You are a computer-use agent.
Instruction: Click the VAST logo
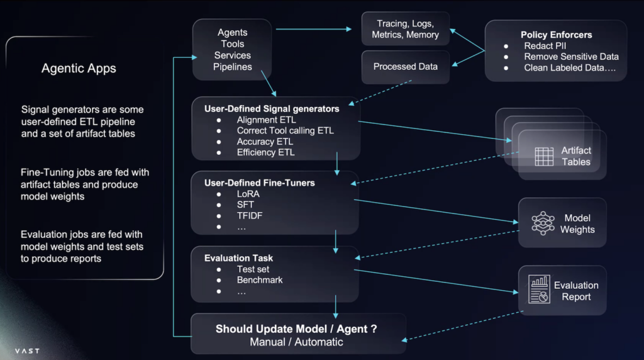(x=27, y=351)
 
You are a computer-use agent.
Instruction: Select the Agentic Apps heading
(x=79, y=69)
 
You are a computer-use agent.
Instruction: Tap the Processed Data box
(x=405, y=67)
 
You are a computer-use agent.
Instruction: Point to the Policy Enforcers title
(x=556, y=35)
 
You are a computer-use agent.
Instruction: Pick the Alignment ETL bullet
(x=266, y=120)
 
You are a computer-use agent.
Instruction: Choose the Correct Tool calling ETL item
(x=285, y=130)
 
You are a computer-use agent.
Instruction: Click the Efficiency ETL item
(x=265, y=152)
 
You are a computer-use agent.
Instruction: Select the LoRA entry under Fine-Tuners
(x=248, y=194)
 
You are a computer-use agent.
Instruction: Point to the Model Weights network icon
(x=542, y=223)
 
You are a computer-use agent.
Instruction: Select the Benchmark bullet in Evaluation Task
(x=259, y=279)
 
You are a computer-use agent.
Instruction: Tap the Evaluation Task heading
(x=238, y=258)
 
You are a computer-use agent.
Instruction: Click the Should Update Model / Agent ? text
(x=296, y=329)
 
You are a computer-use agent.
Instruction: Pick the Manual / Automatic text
(x=296, y=342)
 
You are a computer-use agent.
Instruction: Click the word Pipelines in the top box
(x=232, y=67)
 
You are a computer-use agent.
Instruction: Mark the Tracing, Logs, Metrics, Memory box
(x=405, y=29)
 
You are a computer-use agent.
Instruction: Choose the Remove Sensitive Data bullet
(x=571, y=57)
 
